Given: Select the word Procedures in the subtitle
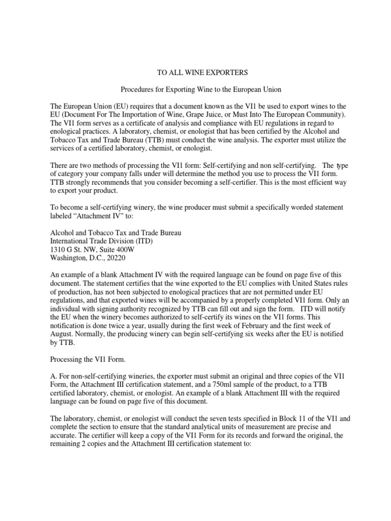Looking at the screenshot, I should click(x=137, y=89).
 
